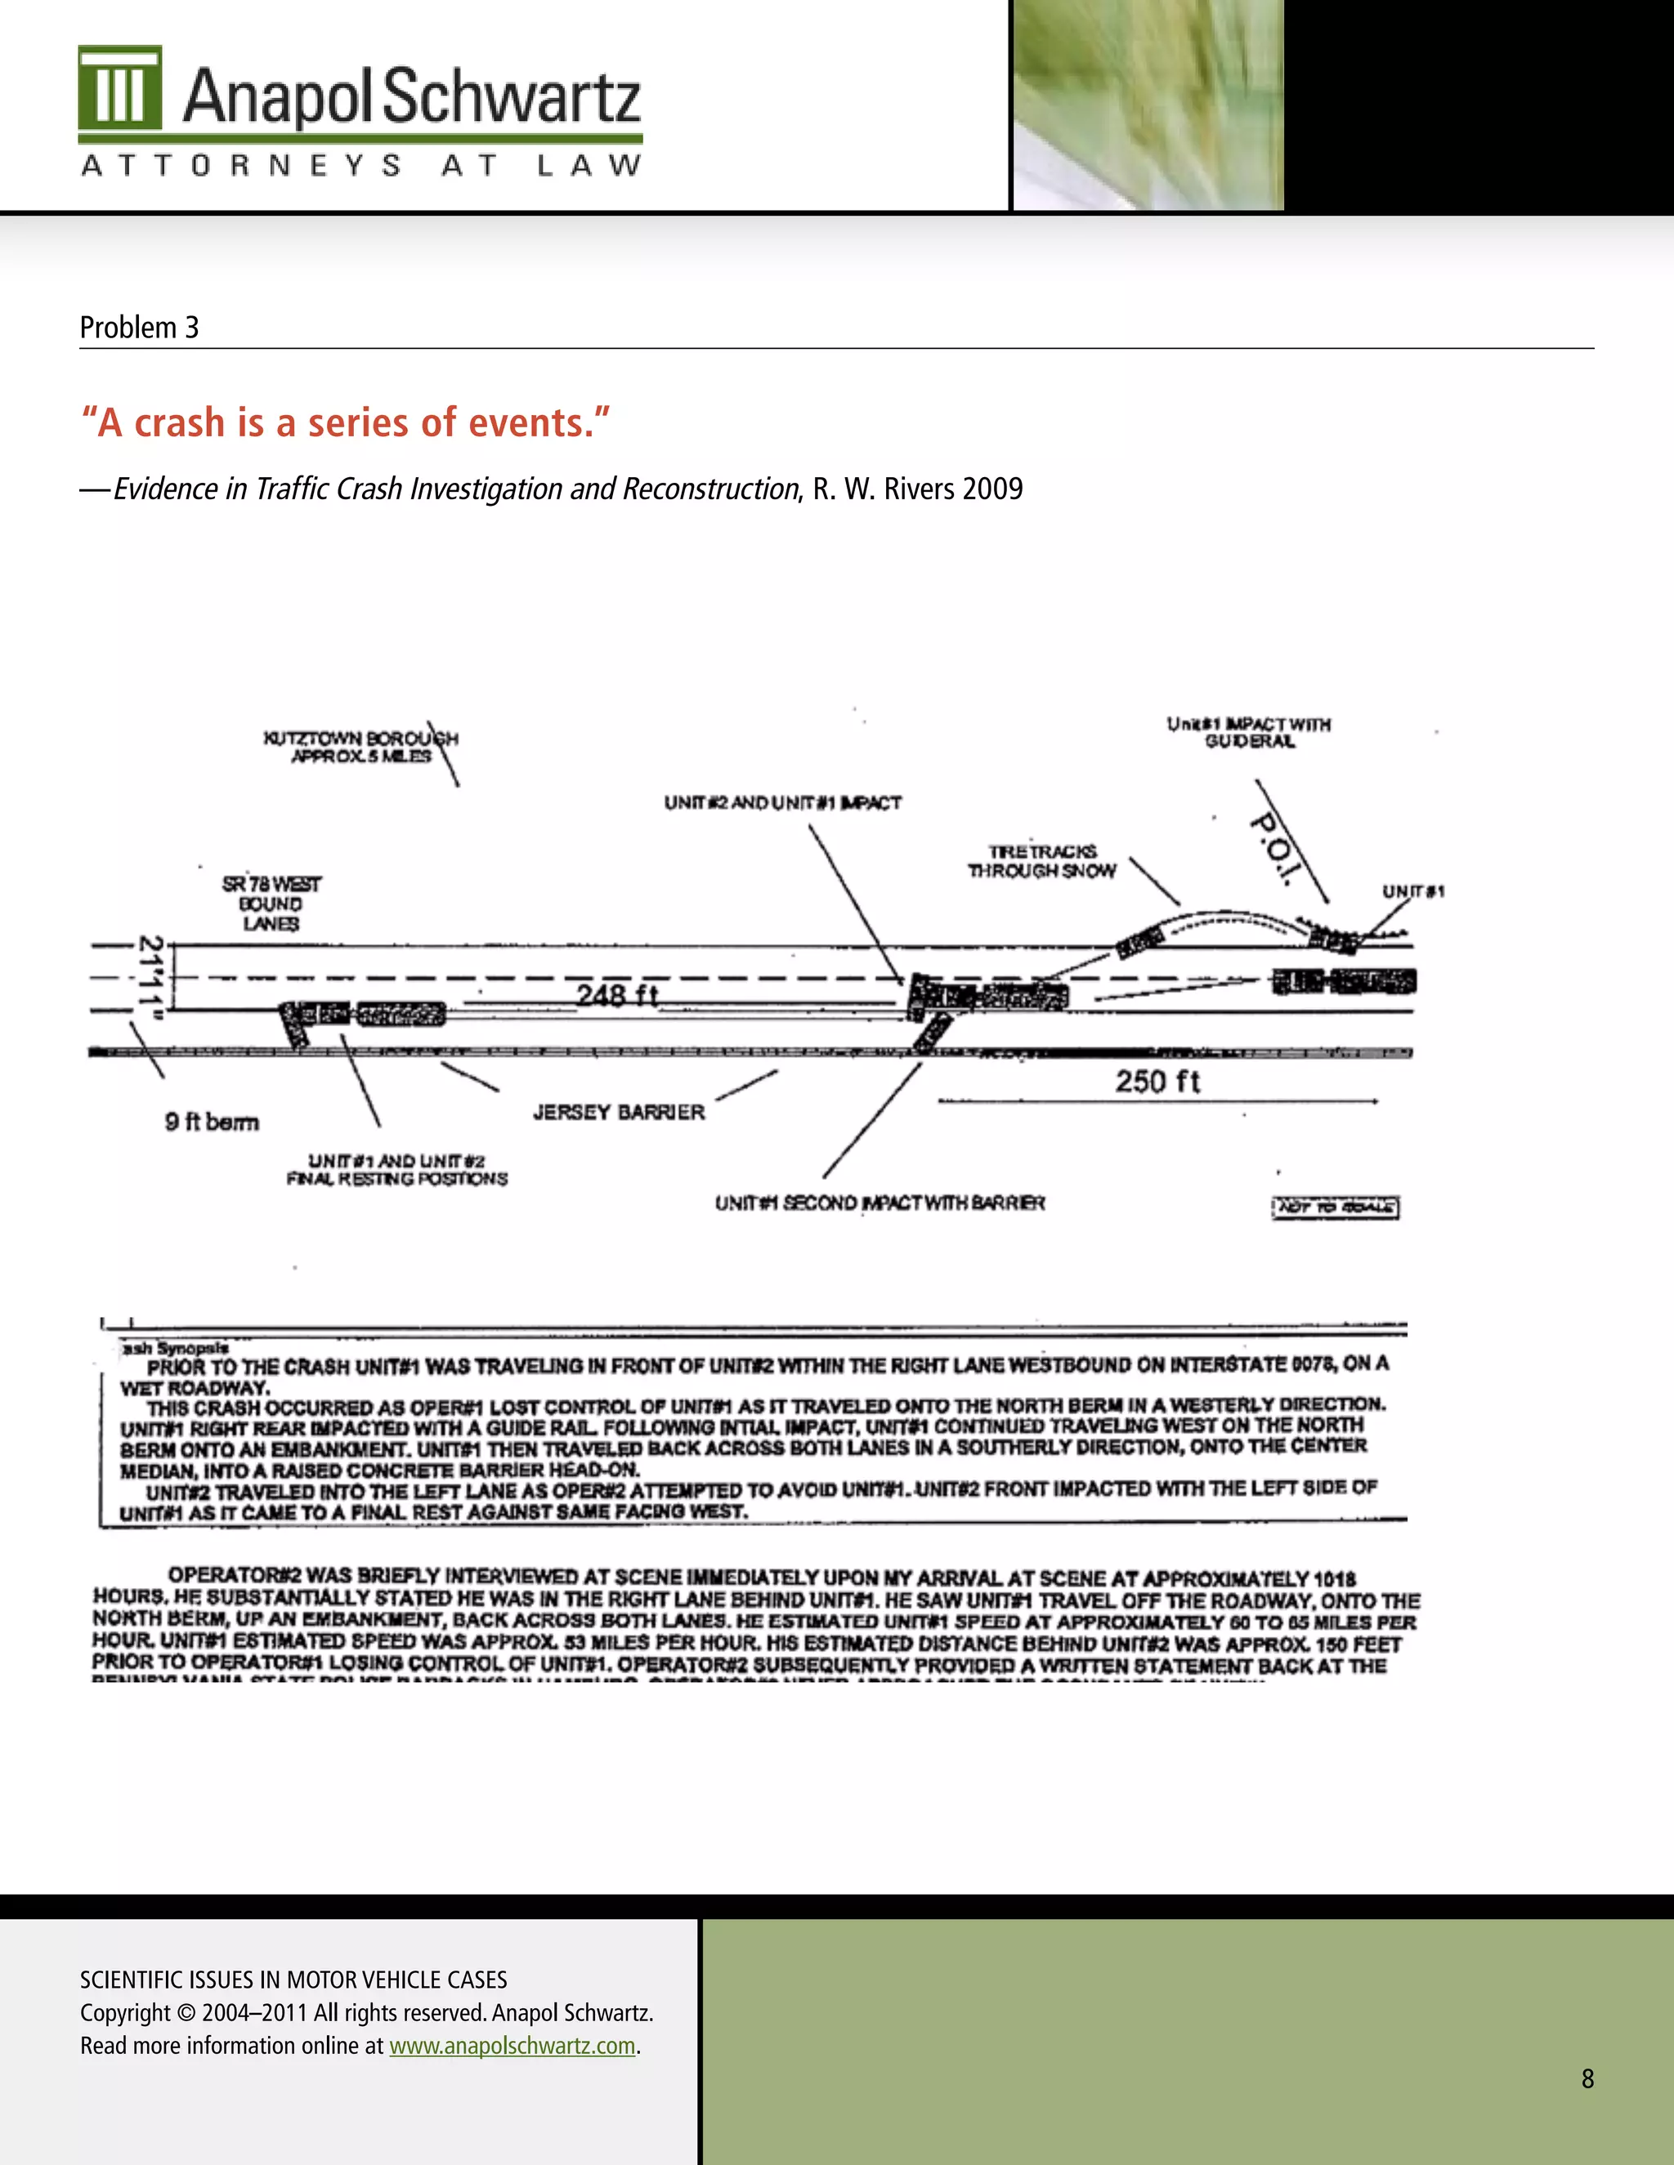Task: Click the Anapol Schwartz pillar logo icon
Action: (120, 88)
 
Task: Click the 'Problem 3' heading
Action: (139, 327)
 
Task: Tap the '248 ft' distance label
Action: (617, 994)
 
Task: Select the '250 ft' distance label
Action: (1157, 1081)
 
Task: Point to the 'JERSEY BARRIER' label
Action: (619, 1112)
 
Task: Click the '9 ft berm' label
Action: (211, 1121)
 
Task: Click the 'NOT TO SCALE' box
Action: (1335, 1207)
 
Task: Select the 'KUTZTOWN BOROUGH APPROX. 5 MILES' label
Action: (361, 748)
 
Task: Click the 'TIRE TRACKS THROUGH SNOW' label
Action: (1042, 861)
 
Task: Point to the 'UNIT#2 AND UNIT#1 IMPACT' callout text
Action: (782, 802)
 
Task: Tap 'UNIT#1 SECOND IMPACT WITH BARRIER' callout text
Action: (880, 1203)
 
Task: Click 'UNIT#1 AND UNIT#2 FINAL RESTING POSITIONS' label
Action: (396, 1170)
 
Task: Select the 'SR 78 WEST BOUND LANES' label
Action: (271, 903)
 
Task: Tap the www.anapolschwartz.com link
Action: (512, 2045)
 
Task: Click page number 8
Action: (1587, 2078)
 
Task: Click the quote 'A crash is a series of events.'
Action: (344, 422)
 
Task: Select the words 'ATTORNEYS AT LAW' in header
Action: (361, 166)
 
